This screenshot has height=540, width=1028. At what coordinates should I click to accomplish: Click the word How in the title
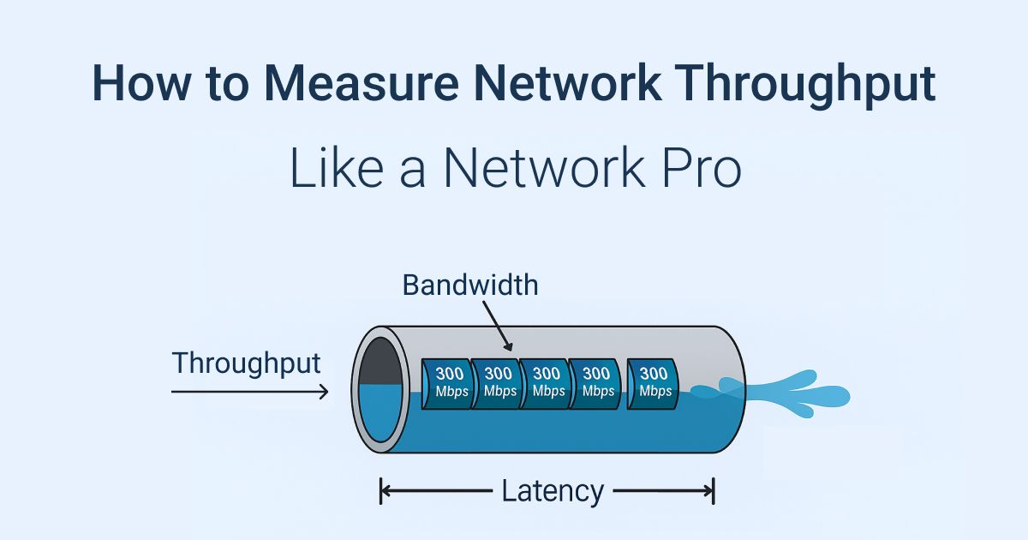[137, 84]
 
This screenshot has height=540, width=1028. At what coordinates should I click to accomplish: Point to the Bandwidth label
[470, 285]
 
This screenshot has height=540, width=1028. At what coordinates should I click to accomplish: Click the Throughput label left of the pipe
[247, 363]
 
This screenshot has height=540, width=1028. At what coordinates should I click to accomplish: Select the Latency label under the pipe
[553, 491]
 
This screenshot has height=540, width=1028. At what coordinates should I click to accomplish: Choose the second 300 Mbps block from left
[498, 382]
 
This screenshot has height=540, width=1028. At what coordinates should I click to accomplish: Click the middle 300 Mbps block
[546, 382]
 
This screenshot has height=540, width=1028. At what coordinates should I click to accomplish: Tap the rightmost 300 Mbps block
[654, 382]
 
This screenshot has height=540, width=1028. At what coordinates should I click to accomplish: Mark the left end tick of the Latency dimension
[381, 491]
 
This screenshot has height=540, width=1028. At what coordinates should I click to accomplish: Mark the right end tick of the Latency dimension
[713, 491]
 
